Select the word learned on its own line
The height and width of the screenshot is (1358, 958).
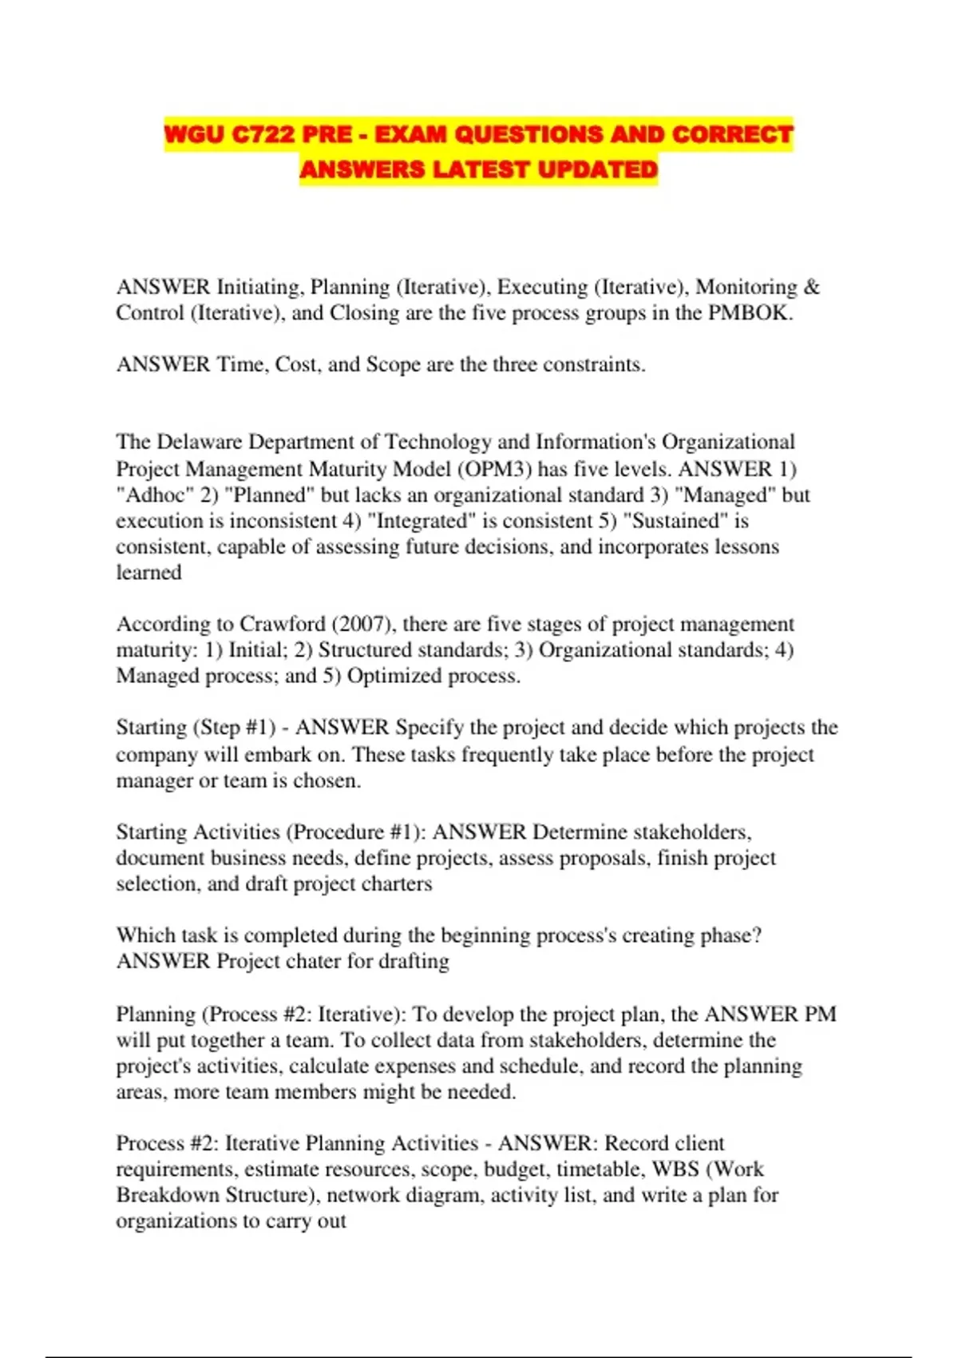(148, 573)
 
